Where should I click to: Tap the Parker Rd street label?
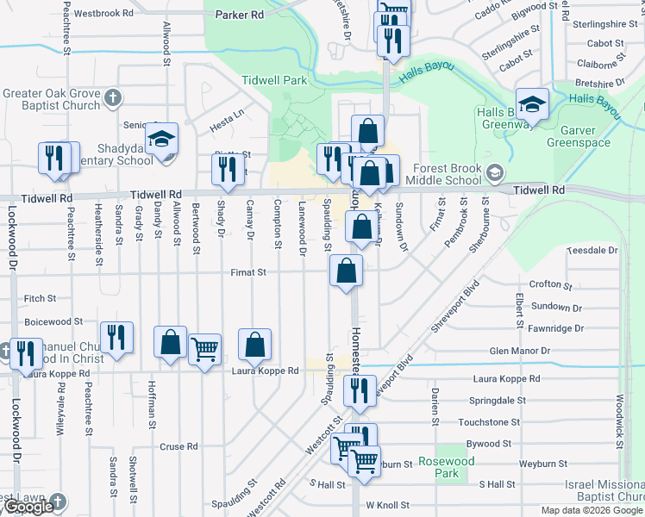(x=240, y=16)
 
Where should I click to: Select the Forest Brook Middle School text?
(x=447, y=175)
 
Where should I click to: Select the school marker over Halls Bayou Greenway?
(x=533, y=105)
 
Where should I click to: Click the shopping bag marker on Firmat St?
(x=346, y=271)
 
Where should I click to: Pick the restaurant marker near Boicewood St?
(x=116, y=337)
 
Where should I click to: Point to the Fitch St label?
(x=40, y=299)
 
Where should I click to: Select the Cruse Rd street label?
(x=179, y=447)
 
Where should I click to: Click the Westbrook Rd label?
(x=103, y=14)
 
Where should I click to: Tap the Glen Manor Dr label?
(x=519, y=351)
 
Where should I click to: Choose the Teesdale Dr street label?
(x=592, y=251)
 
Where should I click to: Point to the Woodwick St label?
(x=619, y=413)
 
